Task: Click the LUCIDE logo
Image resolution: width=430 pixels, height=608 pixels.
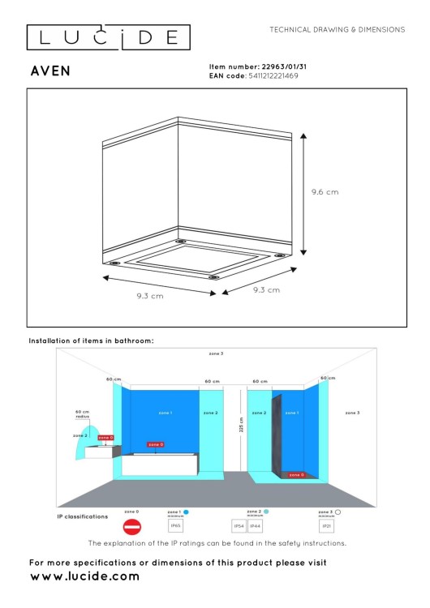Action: pos(108,36)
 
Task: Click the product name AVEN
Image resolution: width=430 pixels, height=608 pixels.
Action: pos(49,71)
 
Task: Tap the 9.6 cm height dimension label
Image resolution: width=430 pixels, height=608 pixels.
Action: pos(325,192)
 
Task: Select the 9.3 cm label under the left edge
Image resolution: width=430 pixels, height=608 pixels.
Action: pos(150,297)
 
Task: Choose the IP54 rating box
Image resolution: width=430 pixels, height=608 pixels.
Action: pos(239,526)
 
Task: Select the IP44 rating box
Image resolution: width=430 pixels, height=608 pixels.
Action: pos(255,526)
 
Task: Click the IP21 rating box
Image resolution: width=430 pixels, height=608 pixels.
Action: pos(326,526)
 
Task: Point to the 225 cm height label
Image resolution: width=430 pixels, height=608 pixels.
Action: pos(241,425)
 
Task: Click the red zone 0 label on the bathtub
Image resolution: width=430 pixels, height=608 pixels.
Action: pos(155,444)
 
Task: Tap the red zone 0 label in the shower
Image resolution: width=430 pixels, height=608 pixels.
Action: pos(296,475)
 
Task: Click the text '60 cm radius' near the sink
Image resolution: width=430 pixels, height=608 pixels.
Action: pos(82,413)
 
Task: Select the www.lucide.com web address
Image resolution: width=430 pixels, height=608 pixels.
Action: pos(84,576)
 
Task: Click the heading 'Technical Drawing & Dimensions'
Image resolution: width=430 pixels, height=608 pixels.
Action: pos(337,29)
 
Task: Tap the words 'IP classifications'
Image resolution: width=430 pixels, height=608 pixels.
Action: pos(82,516)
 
